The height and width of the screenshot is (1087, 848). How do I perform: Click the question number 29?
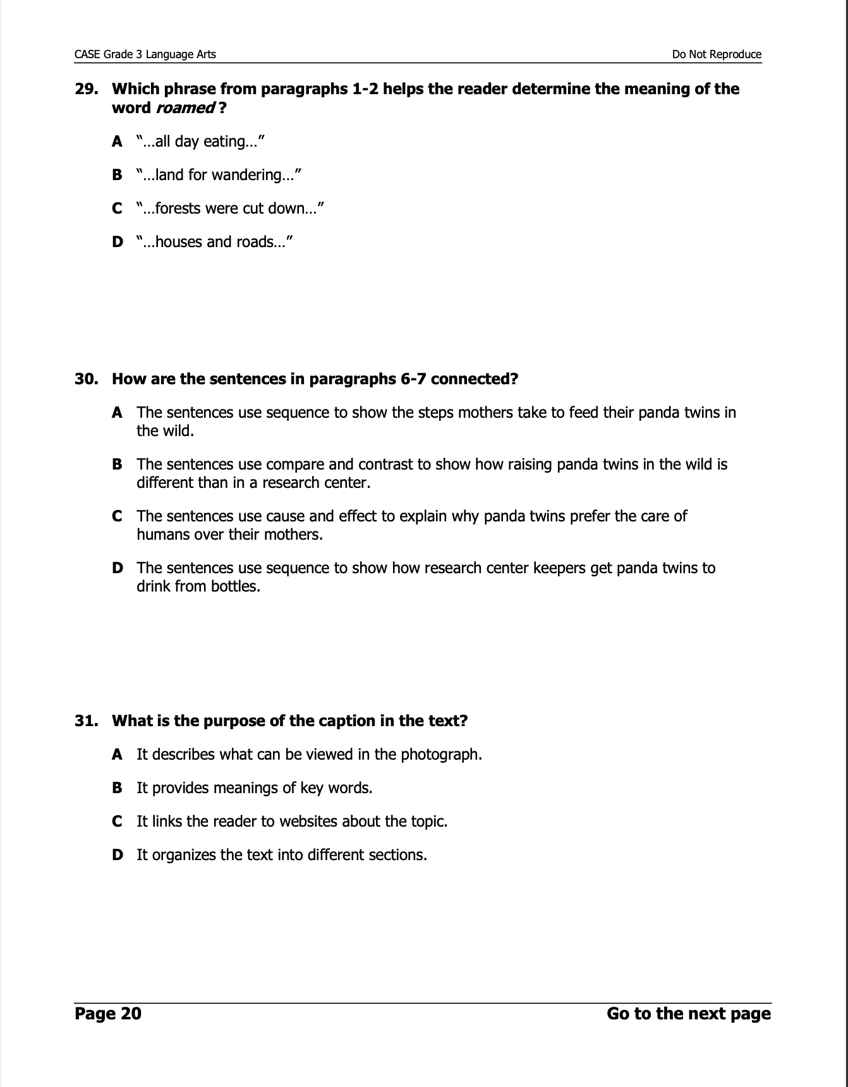tap(86, 89)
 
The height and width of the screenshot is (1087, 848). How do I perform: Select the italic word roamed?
tap(185, 108)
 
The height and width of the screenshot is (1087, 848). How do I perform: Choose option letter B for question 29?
tap(117, 175)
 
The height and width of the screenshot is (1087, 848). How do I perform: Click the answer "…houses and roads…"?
tap(214, 242)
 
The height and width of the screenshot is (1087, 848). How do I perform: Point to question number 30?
tap(86, 379)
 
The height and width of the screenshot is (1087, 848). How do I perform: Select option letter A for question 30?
tap(117, 413)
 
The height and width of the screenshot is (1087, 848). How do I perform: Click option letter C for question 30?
tap(117, 516)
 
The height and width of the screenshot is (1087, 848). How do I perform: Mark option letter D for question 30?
tap(117, 568)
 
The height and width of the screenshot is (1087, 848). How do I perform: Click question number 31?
tap(86, 721)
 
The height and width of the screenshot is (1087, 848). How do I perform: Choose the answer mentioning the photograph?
tap(309, 755)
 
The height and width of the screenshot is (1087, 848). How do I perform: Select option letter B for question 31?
tap(117, 788)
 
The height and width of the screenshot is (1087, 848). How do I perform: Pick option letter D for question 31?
tap(117, 855)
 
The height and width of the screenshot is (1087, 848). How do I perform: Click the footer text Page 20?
tap(108, 1014)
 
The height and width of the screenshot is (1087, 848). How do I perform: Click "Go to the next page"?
tap(688, 1014)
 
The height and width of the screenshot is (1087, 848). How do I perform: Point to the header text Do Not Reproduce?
tap(717, 54)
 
